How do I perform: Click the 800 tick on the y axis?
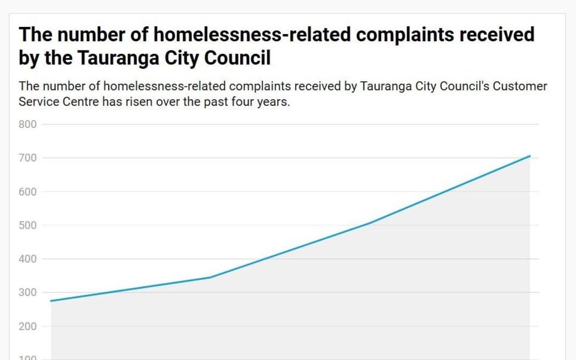28,125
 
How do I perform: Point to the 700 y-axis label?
28,158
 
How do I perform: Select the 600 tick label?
28,192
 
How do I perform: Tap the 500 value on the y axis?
28,225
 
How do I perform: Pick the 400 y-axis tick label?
28,259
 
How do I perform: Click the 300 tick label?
28,292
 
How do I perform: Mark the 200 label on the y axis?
28,326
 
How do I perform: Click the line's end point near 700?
530,156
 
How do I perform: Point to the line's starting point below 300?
51,301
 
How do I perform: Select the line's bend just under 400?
211,277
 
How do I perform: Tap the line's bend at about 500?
370,223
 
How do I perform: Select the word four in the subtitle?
241,102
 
